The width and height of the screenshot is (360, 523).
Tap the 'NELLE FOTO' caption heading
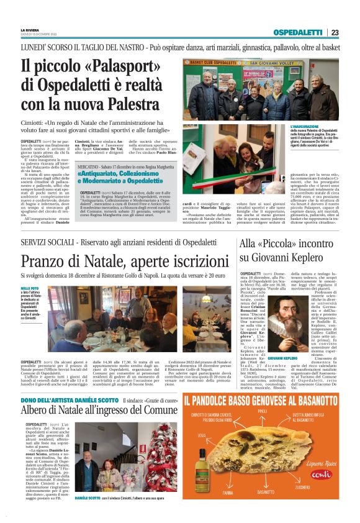click(x=29, y=288)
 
